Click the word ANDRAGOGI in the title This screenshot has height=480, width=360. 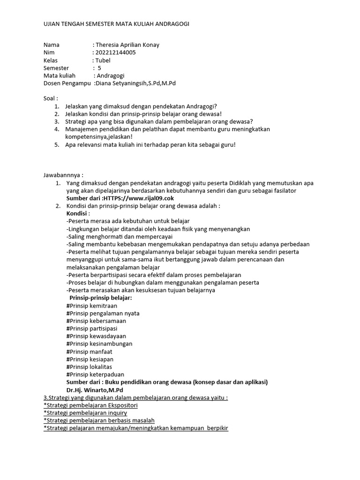[x=169, y=24]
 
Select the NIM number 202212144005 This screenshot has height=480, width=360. [x=115, y=52]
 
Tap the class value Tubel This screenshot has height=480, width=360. [x=103, y=60]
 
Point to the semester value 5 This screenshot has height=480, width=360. [x=99, y=68]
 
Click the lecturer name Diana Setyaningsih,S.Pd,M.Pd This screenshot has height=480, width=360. [x=135, y=83]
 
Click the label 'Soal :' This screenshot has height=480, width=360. [x=51, y=98]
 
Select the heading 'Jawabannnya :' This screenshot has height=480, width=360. [x=63, y=175]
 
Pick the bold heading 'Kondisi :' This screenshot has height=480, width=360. [x=78, y=213]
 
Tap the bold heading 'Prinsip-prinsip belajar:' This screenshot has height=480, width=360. [x=101, y=298]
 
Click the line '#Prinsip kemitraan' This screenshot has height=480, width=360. [x=92, y=306]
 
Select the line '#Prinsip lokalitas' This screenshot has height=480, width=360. [x=90, y=367]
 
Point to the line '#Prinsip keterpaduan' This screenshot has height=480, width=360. [x=95, y=375]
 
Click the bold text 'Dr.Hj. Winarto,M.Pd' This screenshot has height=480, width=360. [x=96, y=390]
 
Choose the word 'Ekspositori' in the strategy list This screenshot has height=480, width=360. [x=122, y=405]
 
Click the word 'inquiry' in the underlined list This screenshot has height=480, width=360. [x=117, y=413]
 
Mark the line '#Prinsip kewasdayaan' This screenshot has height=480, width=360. [x=96, y=336]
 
